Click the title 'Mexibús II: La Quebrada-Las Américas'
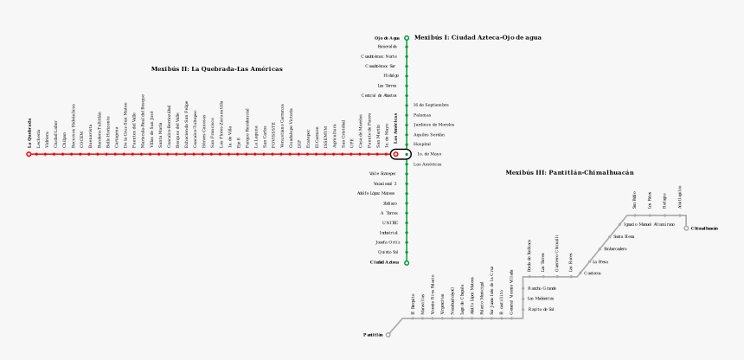[x=216, y=68]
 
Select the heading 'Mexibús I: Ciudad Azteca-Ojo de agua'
[x=478, y=37]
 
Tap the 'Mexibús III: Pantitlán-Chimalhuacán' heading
[x=569, y=172]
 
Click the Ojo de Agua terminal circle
[x=407, y=38]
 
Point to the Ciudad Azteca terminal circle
[x=407, y=262]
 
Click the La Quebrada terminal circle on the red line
[x=29, y=154]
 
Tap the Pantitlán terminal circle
[x=388, y=334]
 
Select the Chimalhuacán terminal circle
[x=686, y=228]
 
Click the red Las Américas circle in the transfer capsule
[x=395, y=154]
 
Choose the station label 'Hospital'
[x=421, y=144]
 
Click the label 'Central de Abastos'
[x=379, y=95]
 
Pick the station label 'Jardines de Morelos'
[x=433, y=125]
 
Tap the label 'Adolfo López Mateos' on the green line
[x=376, y=193]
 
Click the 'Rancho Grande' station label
[x=542, y=287]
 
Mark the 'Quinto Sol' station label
[x=388, y=252]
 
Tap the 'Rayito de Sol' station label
[x=541, y=308]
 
